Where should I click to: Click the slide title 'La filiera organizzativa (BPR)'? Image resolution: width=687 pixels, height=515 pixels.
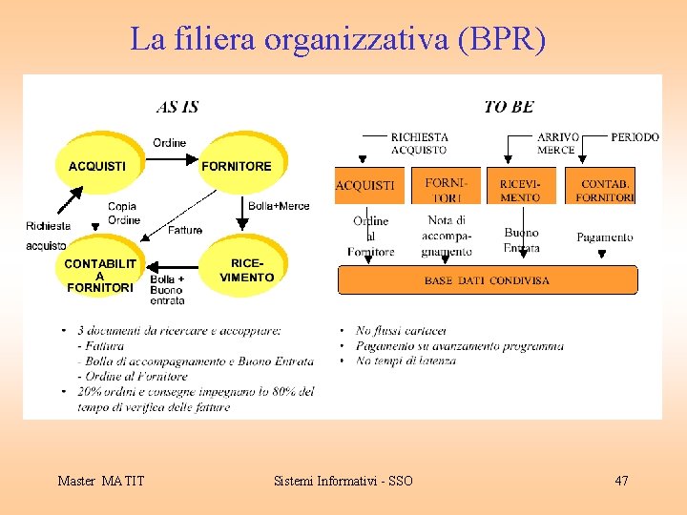[338, 39]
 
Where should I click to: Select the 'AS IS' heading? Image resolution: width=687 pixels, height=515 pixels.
[177, 107]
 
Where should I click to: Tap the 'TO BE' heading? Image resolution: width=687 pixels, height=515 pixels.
[509, 107]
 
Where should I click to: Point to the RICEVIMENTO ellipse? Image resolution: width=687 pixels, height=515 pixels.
[246, 270]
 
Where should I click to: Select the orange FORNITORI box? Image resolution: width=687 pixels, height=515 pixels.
[447, 186]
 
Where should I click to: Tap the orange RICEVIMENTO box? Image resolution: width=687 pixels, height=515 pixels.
[520, 186]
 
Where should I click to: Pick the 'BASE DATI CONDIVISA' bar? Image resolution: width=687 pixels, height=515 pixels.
[487, 280]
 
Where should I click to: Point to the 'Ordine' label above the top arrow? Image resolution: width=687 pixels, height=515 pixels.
[170, 143]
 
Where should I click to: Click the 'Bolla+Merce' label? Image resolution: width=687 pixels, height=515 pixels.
[279, 206]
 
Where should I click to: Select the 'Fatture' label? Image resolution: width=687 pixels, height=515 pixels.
[185, 230]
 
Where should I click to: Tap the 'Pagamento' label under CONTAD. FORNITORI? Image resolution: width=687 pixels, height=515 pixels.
[605, 237]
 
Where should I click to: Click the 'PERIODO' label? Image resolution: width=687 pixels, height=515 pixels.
[635, 137]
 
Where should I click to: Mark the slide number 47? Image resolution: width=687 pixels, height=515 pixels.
[621, 481]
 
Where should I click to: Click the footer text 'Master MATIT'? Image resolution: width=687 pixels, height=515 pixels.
[101, 481]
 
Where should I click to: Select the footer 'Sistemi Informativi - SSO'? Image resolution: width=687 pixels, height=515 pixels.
[343, 481]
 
